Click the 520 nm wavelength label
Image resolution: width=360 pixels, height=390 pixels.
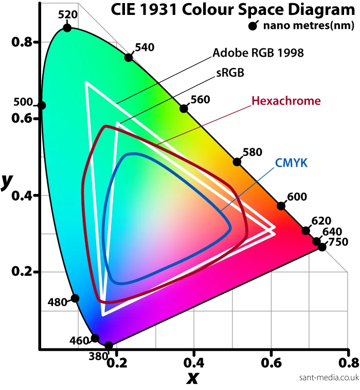(x=68, y=14)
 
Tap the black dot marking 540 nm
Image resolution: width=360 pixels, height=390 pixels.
(x=129, y=57)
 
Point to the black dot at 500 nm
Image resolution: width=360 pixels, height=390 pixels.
(x=42, y=105)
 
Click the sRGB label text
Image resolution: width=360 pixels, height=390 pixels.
(x=230, y=73)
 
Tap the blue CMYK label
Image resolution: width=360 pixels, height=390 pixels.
(x=291, y=163)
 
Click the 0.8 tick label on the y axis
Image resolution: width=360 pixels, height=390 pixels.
(x=22, y=42)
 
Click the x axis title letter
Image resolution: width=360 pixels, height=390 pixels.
(x=192, y=378)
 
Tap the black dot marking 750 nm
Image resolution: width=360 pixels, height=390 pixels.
(x=322, y=247)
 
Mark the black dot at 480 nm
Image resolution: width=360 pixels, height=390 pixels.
(x=75, y=298)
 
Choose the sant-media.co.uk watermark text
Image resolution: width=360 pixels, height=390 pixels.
(x=328, y=377)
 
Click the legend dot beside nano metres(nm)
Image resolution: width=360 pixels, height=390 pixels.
(x=253, y=26)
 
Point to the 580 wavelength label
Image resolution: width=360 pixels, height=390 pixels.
(x=252, y=152)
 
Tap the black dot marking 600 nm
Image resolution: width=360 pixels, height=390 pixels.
(x=281, y=206)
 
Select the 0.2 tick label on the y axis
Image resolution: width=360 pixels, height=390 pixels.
(x=22, y=272)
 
